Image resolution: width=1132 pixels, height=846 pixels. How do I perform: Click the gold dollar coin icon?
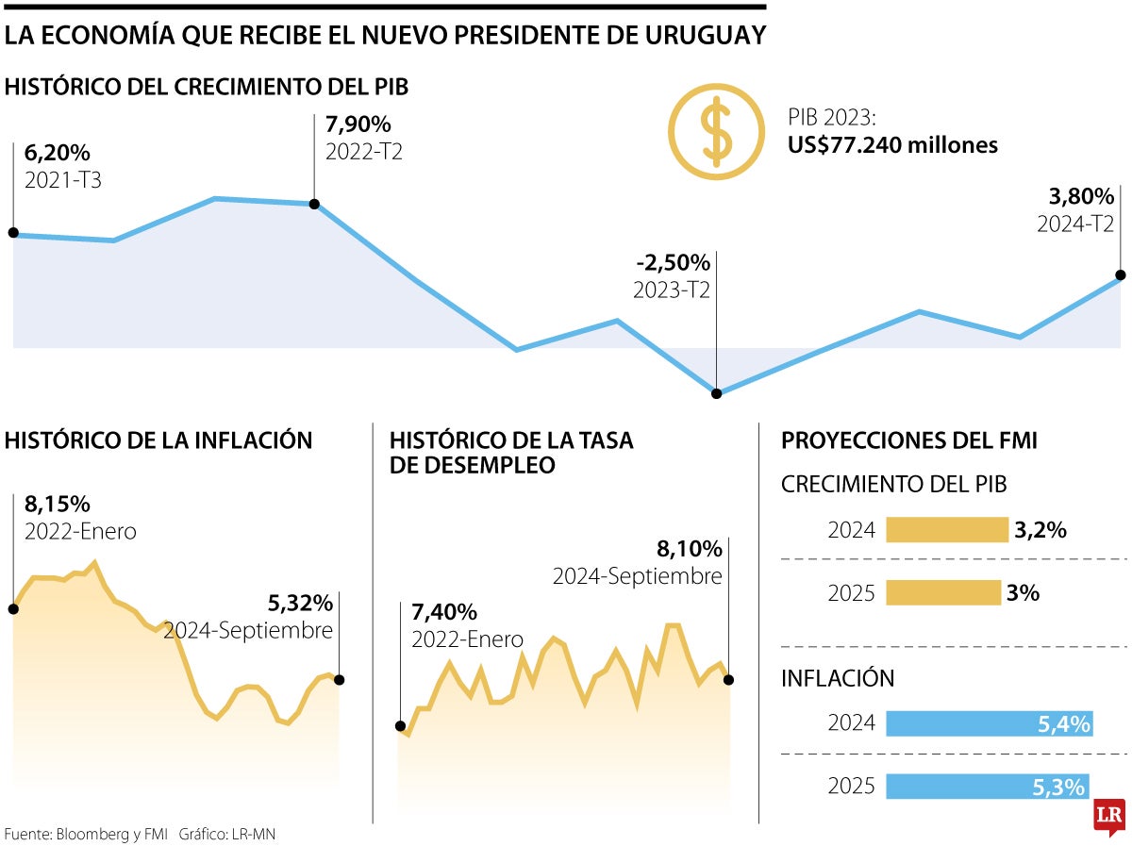716,132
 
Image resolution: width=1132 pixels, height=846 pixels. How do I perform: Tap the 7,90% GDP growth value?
358,124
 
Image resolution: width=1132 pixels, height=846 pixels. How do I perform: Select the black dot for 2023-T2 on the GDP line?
716,393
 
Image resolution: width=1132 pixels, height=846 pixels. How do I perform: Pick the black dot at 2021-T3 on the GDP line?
13,233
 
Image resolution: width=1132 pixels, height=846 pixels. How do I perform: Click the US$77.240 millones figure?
892,145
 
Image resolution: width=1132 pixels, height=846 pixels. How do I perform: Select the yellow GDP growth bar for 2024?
946,530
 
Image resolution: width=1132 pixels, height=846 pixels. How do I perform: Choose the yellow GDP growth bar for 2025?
942,592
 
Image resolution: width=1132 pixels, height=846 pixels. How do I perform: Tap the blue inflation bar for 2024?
989,724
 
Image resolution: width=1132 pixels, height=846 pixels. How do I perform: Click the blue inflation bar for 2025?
986,786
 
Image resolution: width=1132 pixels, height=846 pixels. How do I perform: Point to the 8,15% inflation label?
58,504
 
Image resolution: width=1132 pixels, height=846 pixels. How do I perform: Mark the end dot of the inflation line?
339,679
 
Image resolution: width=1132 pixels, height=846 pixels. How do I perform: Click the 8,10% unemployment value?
689,549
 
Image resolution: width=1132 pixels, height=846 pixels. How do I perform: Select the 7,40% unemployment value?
444,611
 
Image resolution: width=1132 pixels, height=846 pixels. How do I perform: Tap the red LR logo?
1110,816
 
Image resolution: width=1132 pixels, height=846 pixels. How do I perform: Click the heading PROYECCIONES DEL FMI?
909,440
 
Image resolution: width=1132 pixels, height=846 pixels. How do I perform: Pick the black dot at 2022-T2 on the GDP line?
314,204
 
